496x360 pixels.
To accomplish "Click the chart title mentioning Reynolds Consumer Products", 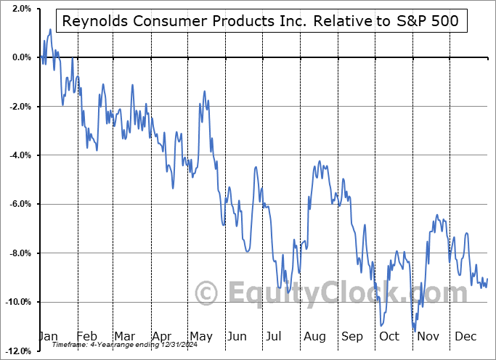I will [261, 21].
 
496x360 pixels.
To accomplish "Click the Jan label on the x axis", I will [49, 337].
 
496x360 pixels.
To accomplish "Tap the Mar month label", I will [124, 337].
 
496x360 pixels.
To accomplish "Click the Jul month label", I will [275, 337].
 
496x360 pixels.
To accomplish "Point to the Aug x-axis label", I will [314, 337].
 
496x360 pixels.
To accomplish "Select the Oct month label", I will [389, 337].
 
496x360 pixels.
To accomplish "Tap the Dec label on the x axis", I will [465, 337].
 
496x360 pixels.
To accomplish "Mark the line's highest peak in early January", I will [50, 30].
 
